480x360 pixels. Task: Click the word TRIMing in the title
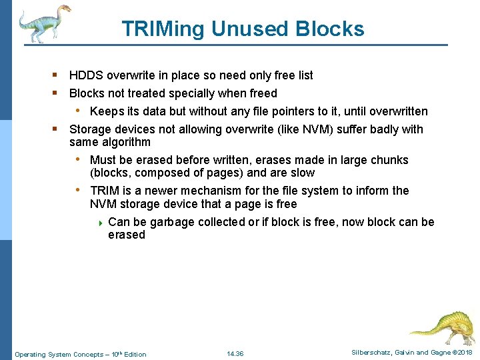163,29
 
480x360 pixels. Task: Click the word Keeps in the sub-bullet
105,111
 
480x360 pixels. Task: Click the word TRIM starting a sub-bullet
105,191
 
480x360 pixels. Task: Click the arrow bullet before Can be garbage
100,223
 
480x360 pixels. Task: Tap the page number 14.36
235,353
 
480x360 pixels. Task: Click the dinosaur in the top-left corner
44,23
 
